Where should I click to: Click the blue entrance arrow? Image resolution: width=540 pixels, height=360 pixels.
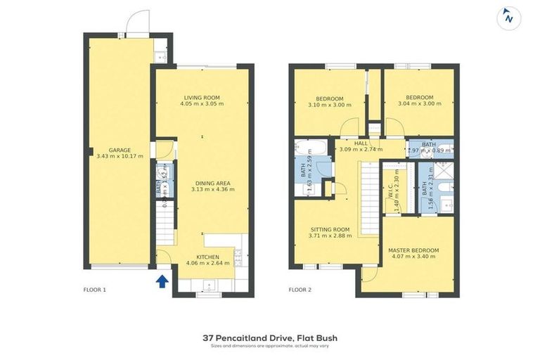(x=162, y=281)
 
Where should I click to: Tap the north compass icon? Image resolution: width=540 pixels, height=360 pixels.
(x=508, y=18)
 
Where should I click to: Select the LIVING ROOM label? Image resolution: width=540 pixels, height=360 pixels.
(x=202, y=97)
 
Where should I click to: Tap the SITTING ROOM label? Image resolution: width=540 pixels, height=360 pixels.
(x=330, y=229)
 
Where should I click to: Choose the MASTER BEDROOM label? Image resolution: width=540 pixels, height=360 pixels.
(x=413, y=250)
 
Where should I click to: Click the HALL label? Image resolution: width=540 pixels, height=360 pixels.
(x=361, y=143)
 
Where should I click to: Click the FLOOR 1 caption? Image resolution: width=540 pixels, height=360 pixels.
(x=94, y=289)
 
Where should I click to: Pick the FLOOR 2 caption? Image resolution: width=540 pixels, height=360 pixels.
(x=300, y=289)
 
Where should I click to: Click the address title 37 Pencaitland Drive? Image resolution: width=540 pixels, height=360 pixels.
(x=270, y=337)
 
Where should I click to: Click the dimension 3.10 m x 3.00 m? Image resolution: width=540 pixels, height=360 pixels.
(x=330, y=104)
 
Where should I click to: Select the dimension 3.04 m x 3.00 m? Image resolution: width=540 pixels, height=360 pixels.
(x=420, y=104)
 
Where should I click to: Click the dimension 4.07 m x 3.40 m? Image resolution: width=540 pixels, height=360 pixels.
(x=413, y=257)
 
